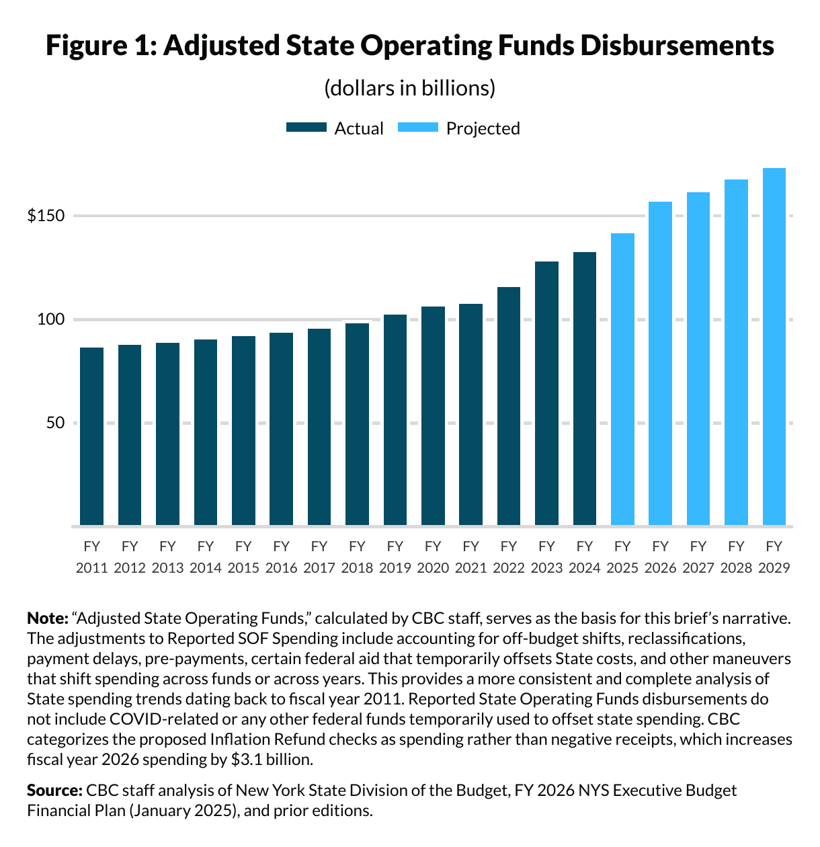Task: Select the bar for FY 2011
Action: (92, 436)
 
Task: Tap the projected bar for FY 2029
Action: (774, 346)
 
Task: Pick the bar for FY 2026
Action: (660, 363)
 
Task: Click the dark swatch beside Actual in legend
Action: (306, 128)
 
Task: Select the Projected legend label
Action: (483, 128)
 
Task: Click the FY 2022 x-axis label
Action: (509, 557)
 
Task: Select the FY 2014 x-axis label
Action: (206, 557)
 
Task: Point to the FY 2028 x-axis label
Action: (736, 557)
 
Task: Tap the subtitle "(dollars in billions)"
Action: (409, 88)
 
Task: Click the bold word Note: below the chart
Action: (47, 618)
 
